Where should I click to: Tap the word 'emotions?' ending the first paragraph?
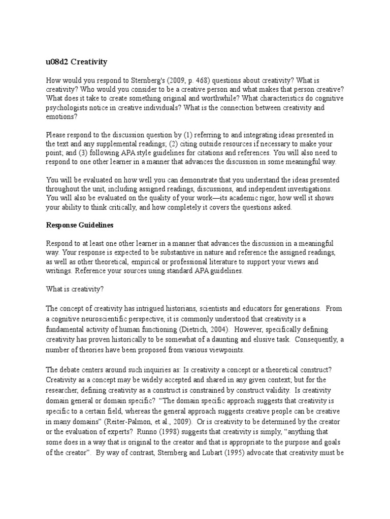(x=62, y=117)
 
